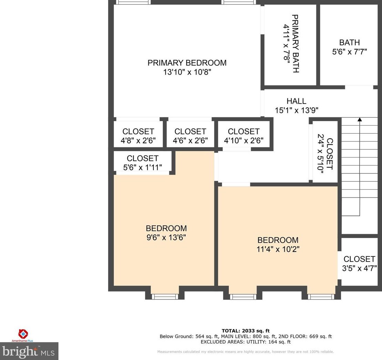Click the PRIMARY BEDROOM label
pos(187,63)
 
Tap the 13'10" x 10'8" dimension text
pos(187,72)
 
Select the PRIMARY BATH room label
pos(295,44)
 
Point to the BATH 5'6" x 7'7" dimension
pos(349,52)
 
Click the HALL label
pos(296,101)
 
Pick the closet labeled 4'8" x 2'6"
pos(138,136)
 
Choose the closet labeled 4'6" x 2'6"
pos(190,136)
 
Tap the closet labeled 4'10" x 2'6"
pos(244,136)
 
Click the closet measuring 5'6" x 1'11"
pos(142,163)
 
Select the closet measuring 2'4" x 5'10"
pos(325,154)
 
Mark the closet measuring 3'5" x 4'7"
pos(359,264)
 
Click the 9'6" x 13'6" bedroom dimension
pos(166,237)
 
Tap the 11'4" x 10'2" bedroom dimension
pos(278,249)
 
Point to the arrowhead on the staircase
pos(360,119)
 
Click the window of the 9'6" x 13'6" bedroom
pos(165,296)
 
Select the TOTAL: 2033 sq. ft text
pos(246,331)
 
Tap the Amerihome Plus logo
pos(23,336)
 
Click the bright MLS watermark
pos(29,351)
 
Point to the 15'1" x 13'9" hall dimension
pos(297,110)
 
